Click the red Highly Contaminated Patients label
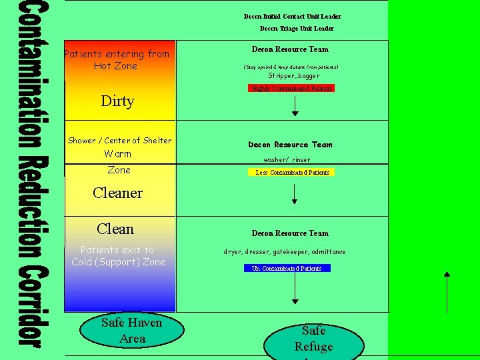292,89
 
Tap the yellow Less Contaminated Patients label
291,173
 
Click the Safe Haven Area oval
131,331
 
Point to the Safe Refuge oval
313,340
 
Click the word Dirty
117,101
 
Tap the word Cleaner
117,193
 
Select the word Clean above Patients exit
115,229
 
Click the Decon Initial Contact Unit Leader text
292,17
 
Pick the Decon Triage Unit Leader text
297,29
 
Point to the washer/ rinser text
287,160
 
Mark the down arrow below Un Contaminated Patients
294,288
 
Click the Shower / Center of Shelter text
119,141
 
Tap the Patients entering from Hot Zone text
117,60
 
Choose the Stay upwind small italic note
291,67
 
